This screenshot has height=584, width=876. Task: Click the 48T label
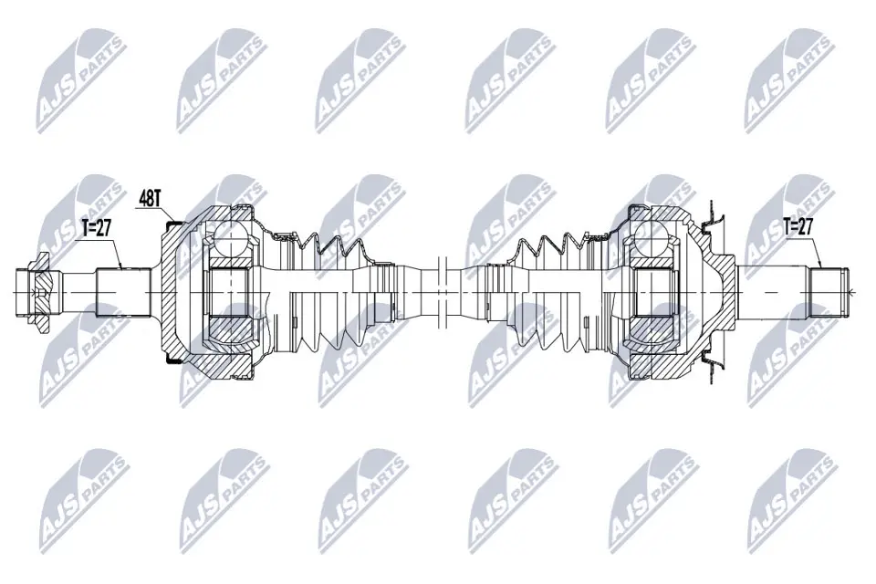coord(150,199)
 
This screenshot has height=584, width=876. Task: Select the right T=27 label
coord(798,226)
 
